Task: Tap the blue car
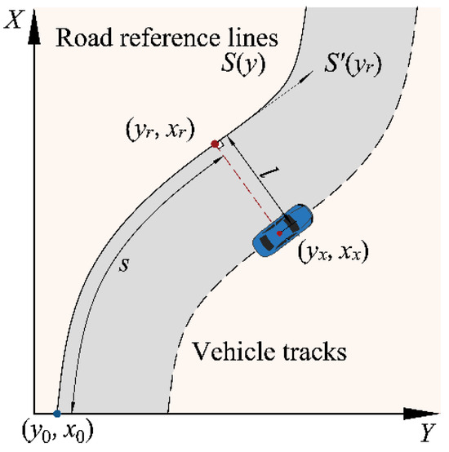[x=282, y=231]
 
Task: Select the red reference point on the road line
[x=215, y=144]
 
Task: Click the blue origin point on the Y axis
[x=56, y=414]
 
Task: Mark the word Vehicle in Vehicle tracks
[x=229, y=352]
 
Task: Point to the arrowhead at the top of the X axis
[x=34, y=26]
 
